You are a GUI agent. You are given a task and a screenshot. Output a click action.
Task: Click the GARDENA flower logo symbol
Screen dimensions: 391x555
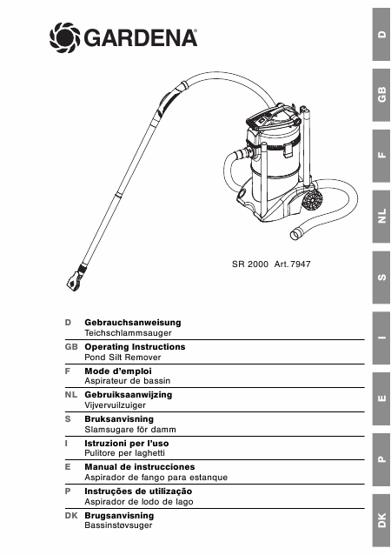(x=64, y=37)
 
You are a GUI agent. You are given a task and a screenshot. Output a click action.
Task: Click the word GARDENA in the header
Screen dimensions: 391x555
(x=141, y=38)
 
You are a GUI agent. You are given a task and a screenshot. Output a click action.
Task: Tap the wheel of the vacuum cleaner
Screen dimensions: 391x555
(x=313, y=201)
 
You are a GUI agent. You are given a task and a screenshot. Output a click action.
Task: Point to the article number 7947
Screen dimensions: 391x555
(x=300, y=264)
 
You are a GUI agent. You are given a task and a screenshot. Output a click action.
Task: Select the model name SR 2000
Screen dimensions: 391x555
(x=250, y=264)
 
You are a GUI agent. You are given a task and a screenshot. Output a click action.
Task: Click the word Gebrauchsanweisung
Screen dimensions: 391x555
(x=133, y=323)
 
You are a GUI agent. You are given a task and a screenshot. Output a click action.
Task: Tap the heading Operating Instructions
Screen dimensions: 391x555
(x=135, y=347)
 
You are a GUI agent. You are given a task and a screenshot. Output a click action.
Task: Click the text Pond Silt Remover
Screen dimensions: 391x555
(x=123, y=358)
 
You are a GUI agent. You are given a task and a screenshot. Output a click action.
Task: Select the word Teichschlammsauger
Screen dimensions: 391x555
(x=128, y=333)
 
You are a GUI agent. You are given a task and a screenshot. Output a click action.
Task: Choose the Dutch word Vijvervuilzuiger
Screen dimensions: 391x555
(x=116, y=405)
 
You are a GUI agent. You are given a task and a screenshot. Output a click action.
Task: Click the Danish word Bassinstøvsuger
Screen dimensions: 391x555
(x=118, y=525)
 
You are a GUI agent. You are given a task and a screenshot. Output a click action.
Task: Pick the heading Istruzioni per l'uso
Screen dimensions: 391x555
(x=127, y=443)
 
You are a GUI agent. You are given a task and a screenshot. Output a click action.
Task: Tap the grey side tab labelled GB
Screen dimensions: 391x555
(x=381, y=95)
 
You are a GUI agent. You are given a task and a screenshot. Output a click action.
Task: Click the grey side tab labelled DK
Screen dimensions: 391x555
(x=381, y=521)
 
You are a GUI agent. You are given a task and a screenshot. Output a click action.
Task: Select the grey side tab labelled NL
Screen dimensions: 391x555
(x=381, y=217)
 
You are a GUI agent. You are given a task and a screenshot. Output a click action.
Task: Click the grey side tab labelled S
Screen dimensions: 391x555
(x=381, y=277)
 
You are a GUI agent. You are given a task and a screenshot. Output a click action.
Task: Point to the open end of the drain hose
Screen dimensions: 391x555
(x=295, y=234)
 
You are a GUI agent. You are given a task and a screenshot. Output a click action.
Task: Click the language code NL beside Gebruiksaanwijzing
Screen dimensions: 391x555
(x=71, y=395)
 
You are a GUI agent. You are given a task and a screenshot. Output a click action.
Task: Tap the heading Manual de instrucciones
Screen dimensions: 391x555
(x=140, y=467)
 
